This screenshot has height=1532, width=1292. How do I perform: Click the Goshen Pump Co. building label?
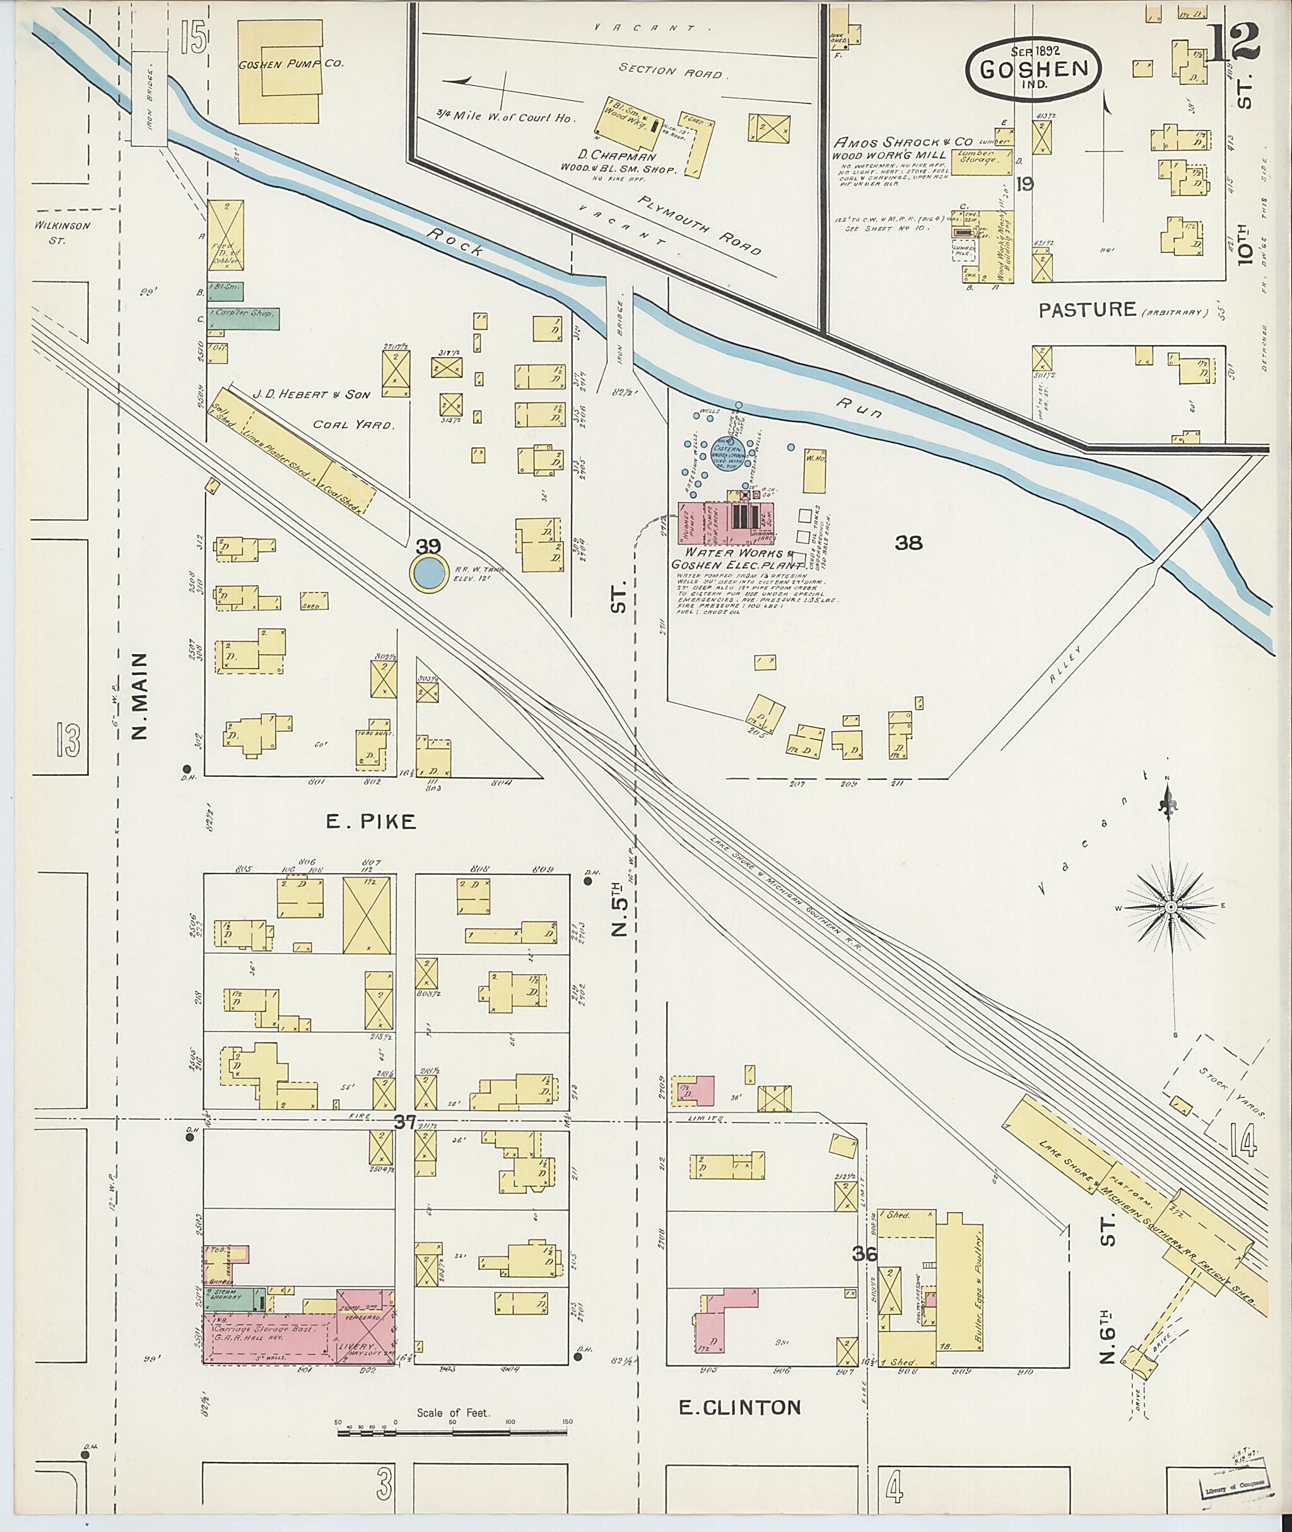[291, 64]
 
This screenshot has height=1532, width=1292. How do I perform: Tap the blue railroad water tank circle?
[428, 573]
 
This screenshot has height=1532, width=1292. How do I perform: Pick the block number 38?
[908, 542]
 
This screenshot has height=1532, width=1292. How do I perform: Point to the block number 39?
[428, 546]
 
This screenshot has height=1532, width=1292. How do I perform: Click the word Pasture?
[1088, 309]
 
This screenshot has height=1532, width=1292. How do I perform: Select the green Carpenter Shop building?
[244, 317]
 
